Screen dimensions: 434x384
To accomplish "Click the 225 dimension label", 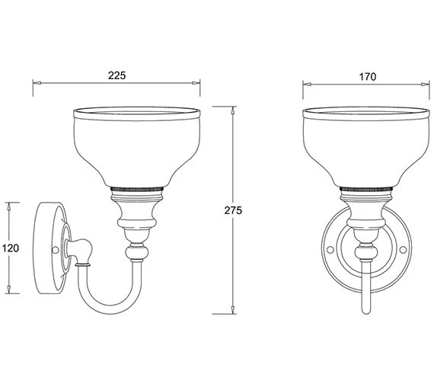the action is click(116, 75).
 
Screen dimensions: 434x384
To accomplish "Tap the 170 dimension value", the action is click(368, 77).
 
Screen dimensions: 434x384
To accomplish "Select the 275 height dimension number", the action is click(233, 210).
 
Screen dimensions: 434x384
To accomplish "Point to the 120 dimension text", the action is click(11, 248).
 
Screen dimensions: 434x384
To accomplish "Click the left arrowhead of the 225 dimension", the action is click(37, 83).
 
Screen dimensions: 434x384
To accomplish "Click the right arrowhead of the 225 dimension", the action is click(196, 83).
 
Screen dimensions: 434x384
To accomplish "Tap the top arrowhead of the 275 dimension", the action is click(233, 110).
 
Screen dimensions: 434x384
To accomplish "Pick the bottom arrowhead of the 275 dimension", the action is click(233, 310).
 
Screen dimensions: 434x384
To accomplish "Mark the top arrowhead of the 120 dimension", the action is click(9, 206).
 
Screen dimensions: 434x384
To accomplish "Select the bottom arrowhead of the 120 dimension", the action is click(9, 290).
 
